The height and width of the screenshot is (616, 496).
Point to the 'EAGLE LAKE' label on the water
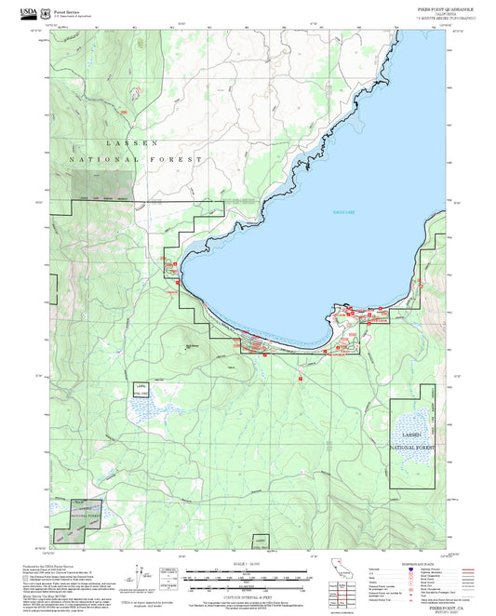319,213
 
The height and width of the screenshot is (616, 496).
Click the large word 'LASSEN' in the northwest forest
133,143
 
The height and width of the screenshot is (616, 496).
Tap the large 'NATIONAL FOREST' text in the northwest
135,160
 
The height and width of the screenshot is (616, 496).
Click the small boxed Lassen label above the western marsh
141,388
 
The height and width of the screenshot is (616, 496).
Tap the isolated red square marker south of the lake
301,379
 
